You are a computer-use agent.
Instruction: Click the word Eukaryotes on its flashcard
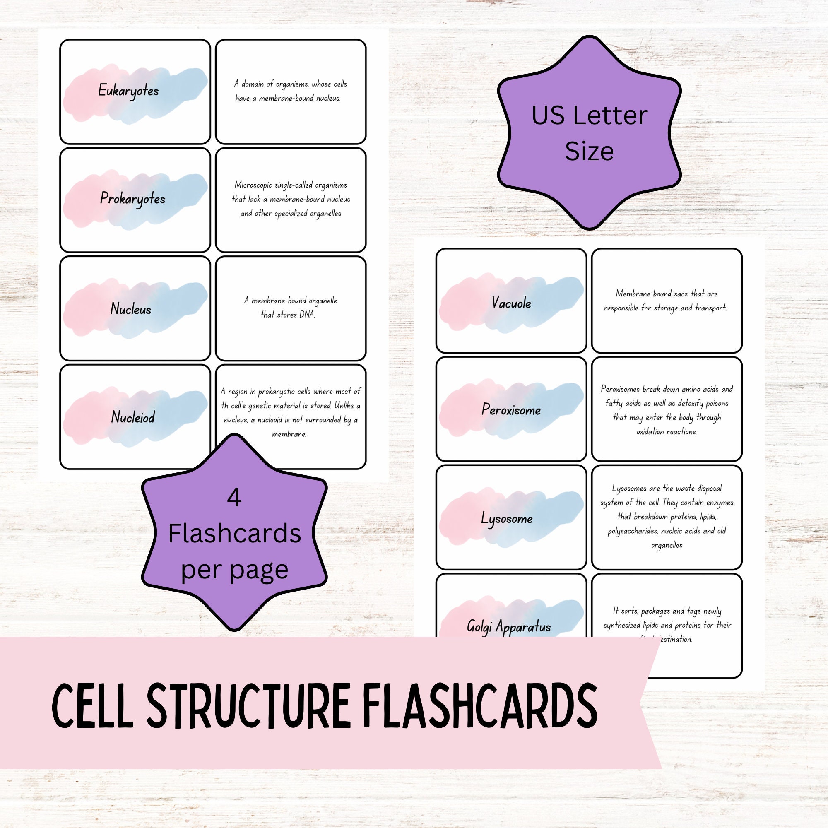click(128, 91)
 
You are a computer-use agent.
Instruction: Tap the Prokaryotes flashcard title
click(132, 199)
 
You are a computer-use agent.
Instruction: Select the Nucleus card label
click(131, 308)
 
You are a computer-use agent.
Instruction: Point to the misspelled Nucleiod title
click(133, 417)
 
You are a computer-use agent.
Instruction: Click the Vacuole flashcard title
click(511, 303)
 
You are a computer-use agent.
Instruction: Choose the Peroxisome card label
click(511, 410)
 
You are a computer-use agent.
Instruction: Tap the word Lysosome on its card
click(507, 519)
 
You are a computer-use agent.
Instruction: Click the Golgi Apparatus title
click(509, 626)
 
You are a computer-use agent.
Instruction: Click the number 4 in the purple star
click(234, 498)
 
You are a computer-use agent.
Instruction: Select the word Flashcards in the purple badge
click(234, 534)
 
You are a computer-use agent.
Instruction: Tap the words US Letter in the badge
click(589, 116)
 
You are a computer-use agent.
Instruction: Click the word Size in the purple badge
click(589, 151)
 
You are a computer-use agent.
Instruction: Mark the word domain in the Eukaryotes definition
click(253, 84)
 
